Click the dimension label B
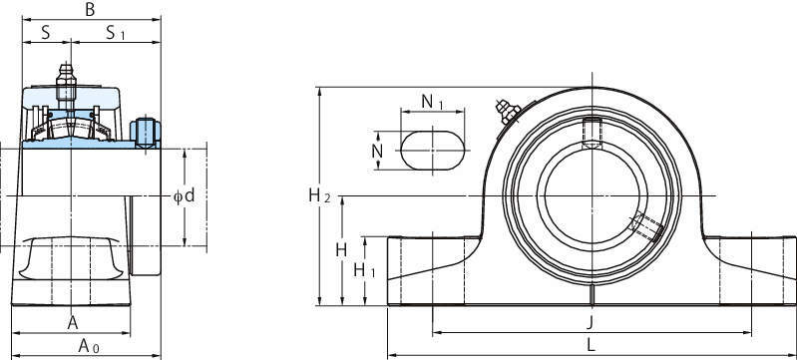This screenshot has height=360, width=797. (x=90, y=9)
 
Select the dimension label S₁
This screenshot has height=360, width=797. (x=115, y=34)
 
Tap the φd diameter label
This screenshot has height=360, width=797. (x=184, y=195)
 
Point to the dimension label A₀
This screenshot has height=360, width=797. (x=89, y=346)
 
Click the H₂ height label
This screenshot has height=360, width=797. (x=320, y=195)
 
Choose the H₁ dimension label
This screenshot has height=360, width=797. (x=364, y=270)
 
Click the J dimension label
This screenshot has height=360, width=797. (x=590, y=322)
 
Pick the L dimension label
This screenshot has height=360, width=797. (x=591, y=346)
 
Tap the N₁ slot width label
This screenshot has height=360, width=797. (x=433, y=103)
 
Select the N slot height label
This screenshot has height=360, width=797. (x=377, y=151)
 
